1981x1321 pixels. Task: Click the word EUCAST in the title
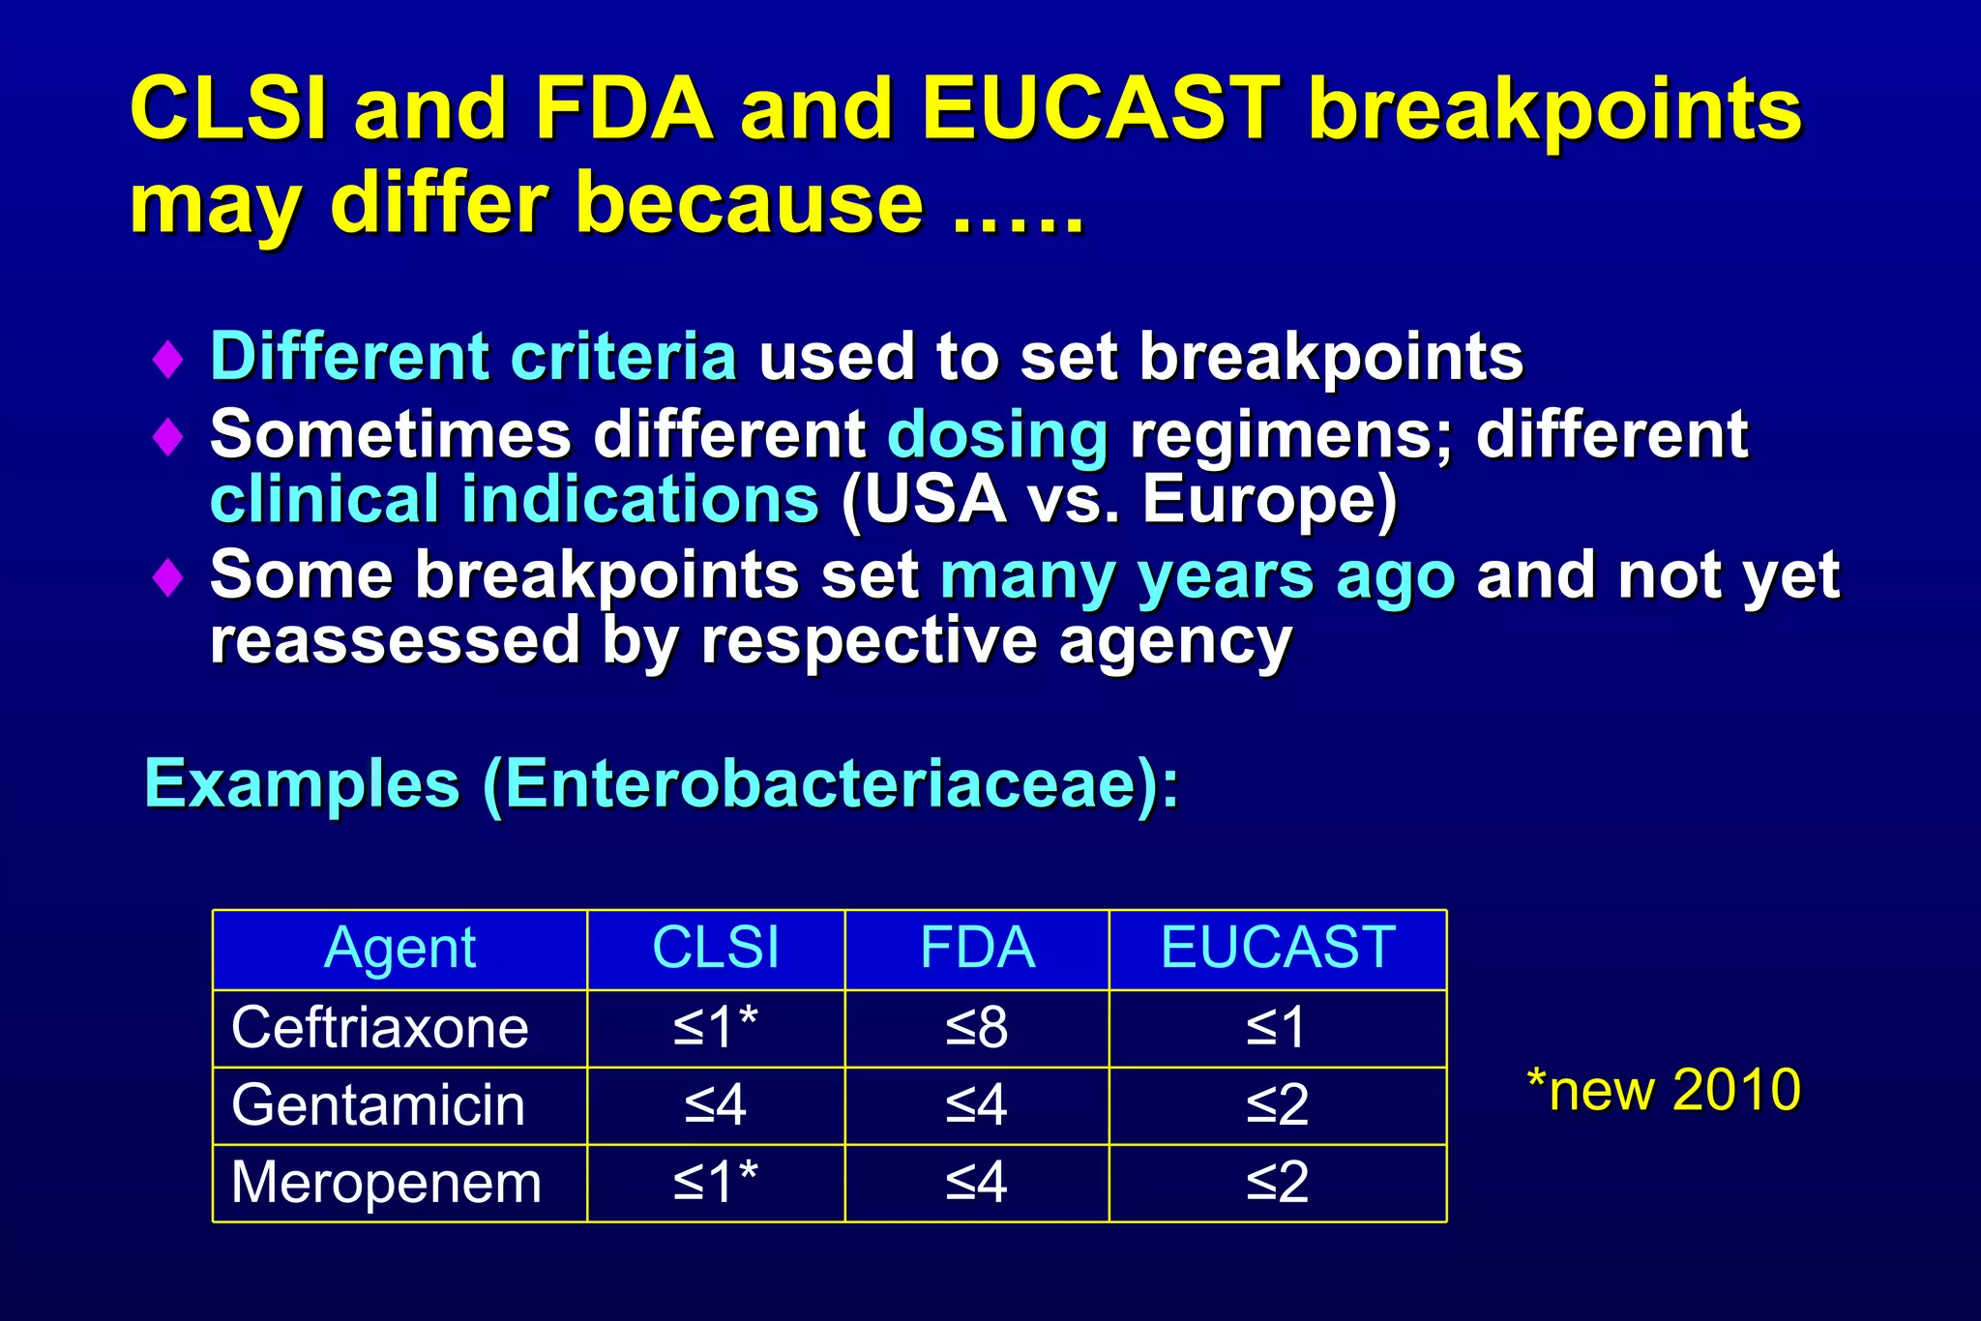click(1101, 108)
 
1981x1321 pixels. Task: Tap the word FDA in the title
click(624, 108)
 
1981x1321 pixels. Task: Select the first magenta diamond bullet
click(168, 359)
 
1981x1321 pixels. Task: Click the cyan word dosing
click(996, 435)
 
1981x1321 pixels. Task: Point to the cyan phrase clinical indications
click(515, 500)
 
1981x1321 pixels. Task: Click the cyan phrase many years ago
click(1197, 576)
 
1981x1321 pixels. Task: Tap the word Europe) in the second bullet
click(1269, 500)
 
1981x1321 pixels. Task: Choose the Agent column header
click(399, 948)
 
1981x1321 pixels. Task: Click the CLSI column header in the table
click(716, 948)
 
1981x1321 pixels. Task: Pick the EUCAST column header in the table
click(1277, 948)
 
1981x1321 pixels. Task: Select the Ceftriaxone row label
click(380, 1027)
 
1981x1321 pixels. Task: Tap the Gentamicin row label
click(378, 1105)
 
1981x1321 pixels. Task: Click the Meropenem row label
click(386, 1183)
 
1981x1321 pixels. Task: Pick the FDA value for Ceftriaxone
click(977, 1027)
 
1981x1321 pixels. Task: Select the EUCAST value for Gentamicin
click(1277, 1105)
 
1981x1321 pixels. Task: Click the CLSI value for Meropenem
click(716, 1183)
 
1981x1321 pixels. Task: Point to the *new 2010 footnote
click(1663, 1090)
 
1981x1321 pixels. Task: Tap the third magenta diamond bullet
click(168, 577)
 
